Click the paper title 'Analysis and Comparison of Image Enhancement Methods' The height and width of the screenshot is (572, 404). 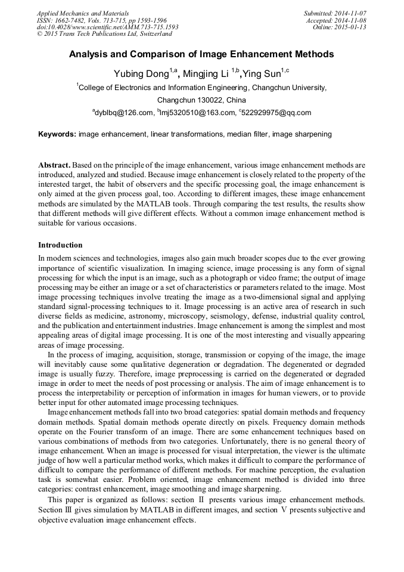[x=201, y=54]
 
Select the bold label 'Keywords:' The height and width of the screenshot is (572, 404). [x=57, y=134]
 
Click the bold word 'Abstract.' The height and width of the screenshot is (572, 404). [x=55, y=165]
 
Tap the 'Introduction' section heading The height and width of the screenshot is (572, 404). [x=60, y=245]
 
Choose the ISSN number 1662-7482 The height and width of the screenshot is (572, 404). [x=69, y=20]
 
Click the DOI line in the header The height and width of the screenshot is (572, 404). [x=107, y=27]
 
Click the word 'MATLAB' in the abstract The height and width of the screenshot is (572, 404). [x=173, y=203]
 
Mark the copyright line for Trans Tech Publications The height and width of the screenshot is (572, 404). [x=104, y=34]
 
